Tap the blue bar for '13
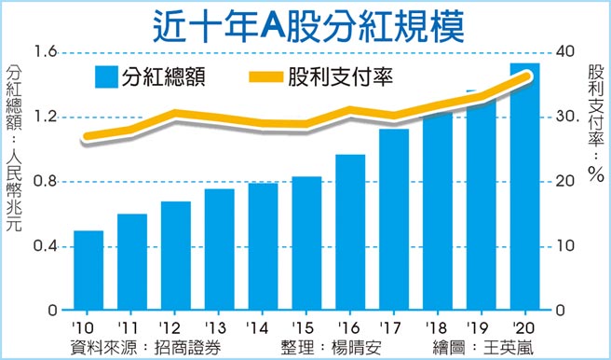[219, 250]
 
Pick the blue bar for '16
[350, 233]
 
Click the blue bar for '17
[394, 220]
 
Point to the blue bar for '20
[525, 187]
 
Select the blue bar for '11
[131, 262]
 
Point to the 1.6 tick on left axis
[46, 52]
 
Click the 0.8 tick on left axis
[46, 181]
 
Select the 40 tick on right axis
[562, 52]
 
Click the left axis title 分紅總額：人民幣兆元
[16, 149]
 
